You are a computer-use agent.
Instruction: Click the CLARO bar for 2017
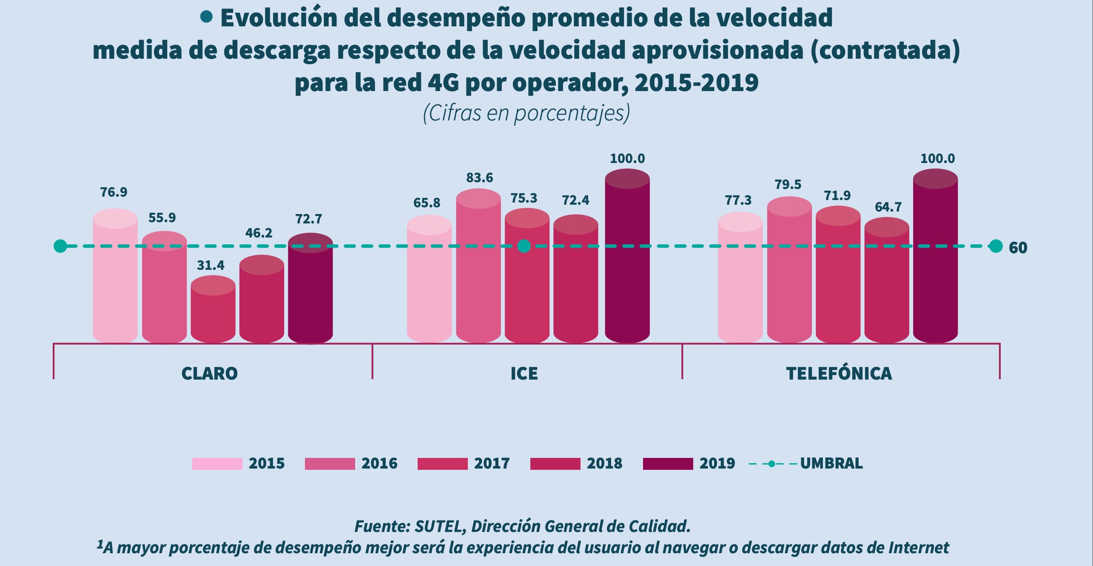coord(213,313)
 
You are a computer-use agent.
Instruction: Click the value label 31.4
coord(211,265)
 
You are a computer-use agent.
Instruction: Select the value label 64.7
coord(888,207)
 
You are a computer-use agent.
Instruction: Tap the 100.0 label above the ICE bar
coord(627,159)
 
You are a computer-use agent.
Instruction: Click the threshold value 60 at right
coord(1018,248)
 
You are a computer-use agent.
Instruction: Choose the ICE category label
coord(524,373)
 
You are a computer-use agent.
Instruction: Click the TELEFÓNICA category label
coord(839,373)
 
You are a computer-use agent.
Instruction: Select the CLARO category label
coord(209,373)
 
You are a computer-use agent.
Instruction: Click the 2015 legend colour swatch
coord(217,463)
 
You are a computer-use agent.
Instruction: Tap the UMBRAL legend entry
coord(831,463)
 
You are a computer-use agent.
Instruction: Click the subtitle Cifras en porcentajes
coord(526,114)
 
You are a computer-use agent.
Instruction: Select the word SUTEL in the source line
coord(438,526)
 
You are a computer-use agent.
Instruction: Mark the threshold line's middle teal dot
coord(524,246)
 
